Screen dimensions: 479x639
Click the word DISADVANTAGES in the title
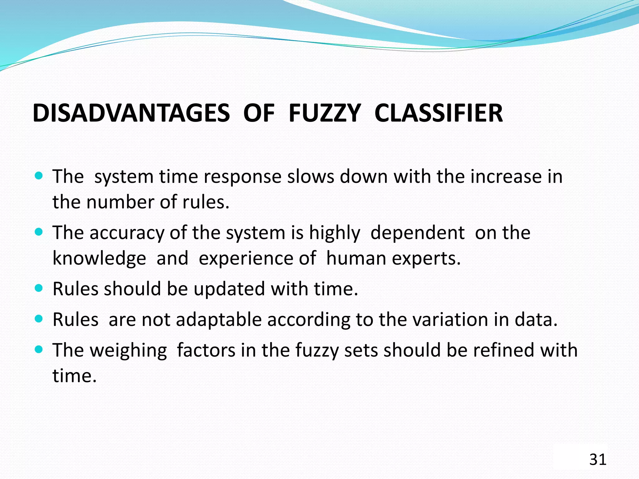[131, 113]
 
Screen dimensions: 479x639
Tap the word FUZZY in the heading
[324, 113]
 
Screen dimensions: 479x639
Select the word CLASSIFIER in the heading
[438, 113]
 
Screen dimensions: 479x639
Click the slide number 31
[598, 460]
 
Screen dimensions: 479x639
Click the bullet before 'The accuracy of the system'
[39, 232]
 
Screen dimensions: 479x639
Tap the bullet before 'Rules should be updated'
[39, 288]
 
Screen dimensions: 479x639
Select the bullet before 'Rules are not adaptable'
[39, 319]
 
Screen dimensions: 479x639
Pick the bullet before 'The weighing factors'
[39, 350]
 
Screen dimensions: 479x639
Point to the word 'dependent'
[417, 233]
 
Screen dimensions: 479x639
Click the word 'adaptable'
[219, 320]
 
